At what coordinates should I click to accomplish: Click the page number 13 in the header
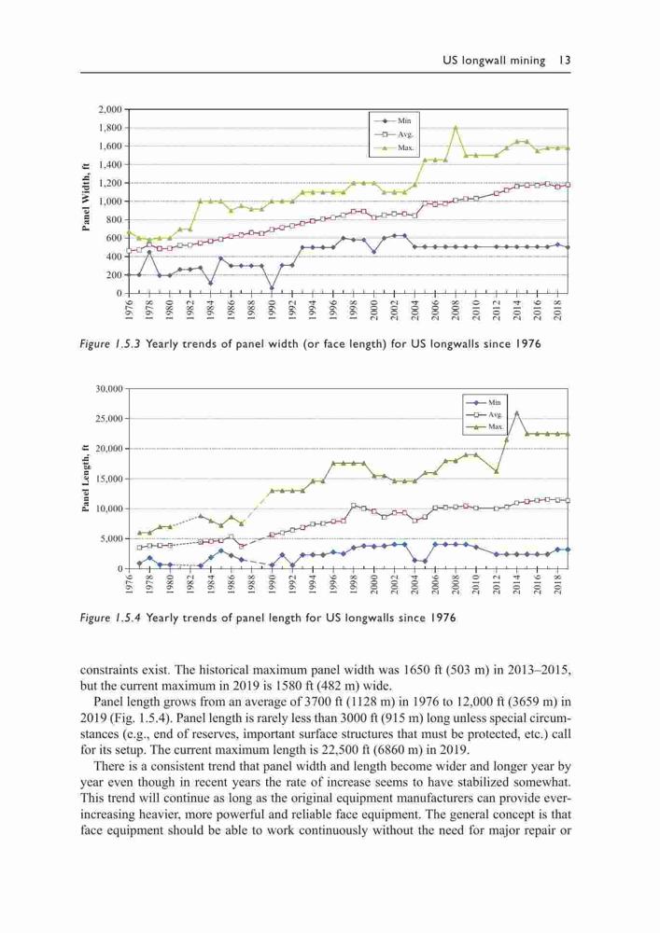pyautogui.click(x=565, y=60)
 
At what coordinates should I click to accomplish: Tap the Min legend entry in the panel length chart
pyautogui.click(x=485, y=402)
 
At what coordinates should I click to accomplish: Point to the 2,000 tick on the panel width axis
pyautogui.click(x=110, y=109)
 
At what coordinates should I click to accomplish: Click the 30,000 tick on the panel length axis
pyautogui.click(x=109, y=389)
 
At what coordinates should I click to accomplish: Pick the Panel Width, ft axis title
pyautogui.click(x=86, y=197)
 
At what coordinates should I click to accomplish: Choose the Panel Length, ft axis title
pyautogui.click(x=86, y=478)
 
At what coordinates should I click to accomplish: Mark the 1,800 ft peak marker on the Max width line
pyautogui.click(x=456, y=127)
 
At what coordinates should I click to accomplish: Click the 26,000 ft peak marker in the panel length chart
pyautogui.click(x=516, y=412)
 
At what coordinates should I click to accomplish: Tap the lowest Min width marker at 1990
pyautogui.click(x=272, y=288)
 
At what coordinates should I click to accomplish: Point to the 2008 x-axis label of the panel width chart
pyautogui.click(x=456, y=310)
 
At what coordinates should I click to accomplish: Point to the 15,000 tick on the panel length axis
pyautogui.click(x=109, y=479)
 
